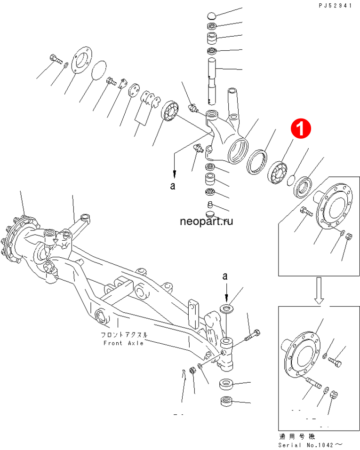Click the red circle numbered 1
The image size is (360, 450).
tap(301, 128)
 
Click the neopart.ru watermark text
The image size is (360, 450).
tap(206, 221)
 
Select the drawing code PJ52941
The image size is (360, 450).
tap(335, 6)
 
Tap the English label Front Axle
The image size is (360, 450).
tap(124, 343)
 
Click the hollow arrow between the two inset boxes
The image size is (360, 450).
tap(319, 291)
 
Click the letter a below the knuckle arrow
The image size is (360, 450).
tap(172, 186)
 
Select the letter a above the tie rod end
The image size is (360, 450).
tap(225, 276)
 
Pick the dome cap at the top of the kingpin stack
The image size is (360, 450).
tap(211, 15)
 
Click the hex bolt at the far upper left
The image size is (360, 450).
tap(56, 59)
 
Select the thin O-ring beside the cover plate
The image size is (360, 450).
tap(98, 70)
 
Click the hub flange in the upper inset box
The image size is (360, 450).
tap(333, 206)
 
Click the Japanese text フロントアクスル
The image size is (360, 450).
tap(124, 335)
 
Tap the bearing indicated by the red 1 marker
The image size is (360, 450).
tap(278, 172)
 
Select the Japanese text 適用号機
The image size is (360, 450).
tap(297, 436)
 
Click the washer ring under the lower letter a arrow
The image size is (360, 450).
tap(226, 309)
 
